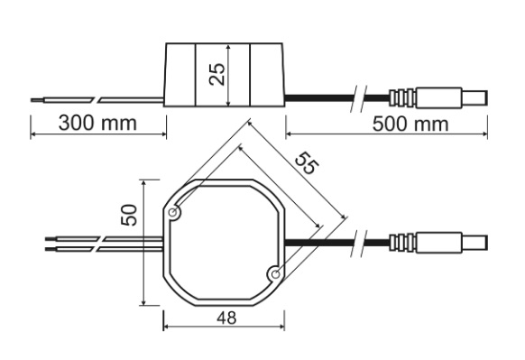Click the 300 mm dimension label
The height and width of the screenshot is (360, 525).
point(97,123)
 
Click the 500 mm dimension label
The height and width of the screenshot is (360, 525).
point(410,124)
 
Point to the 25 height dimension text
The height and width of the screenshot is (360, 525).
point(217,74)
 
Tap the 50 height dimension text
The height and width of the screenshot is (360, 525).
point(129,215)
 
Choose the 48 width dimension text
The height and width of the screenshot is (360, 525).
point(226,318)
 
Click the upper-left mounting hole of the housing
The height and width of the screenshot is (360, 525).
point(173,212)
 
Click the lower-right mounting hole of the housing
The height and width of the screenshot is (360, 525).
point(275,274)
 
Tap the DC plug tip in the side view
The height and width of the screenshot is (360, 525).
point(474,97)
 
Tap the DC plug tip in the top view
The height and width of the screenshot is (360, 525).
point(474,243)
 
